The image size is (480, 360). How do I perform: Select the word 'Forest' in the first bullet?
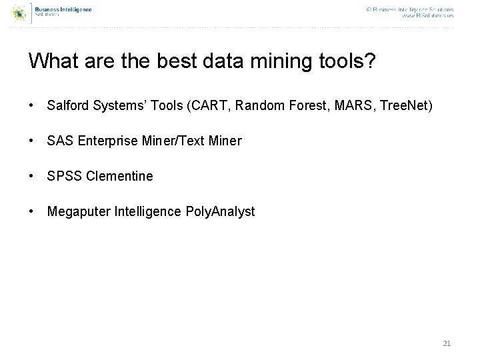pos(304,105)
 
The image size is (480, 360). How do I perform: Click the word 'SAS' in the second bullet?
pos(58,141)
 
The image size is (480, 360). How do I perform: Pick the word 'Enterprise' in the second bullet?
pos(101,141)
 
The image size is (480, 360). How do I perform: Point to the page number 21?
pos(447,343)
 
